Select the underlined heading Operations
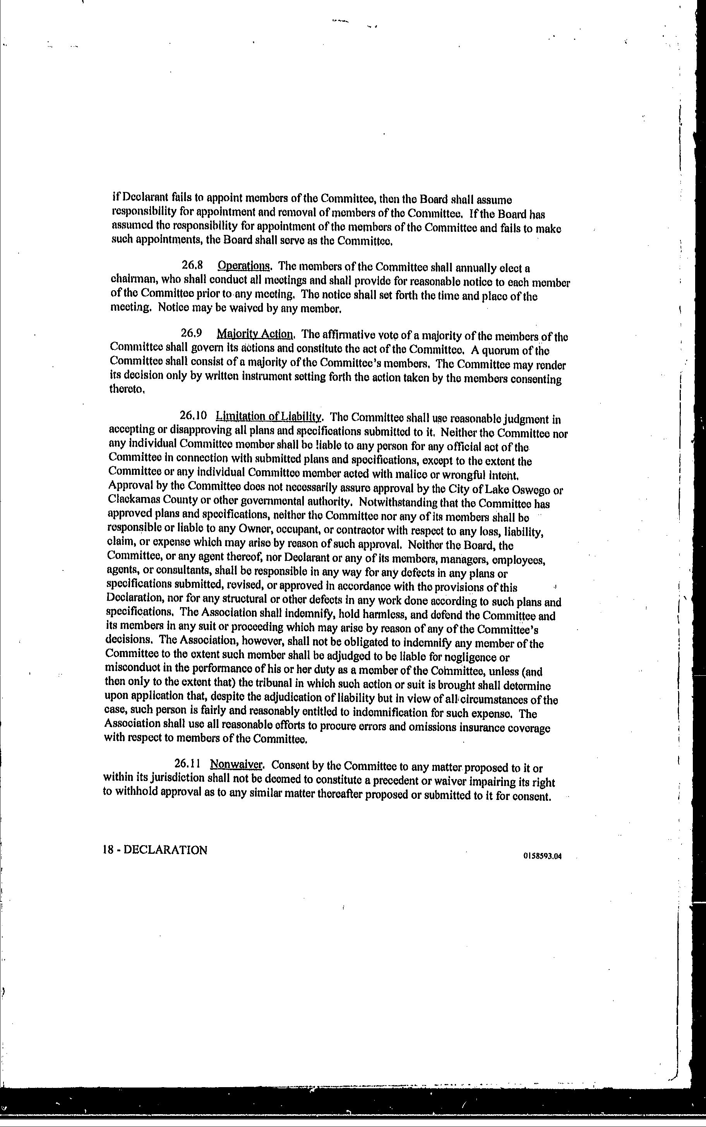click(x=244, y=266)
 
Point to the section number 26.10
click(x=193, y=416)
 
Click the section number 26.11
click(x=188, y=764)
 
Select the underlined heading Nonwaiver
click(x=237, y=765)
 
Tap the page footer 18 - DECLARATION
click(x=154, y=850)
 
